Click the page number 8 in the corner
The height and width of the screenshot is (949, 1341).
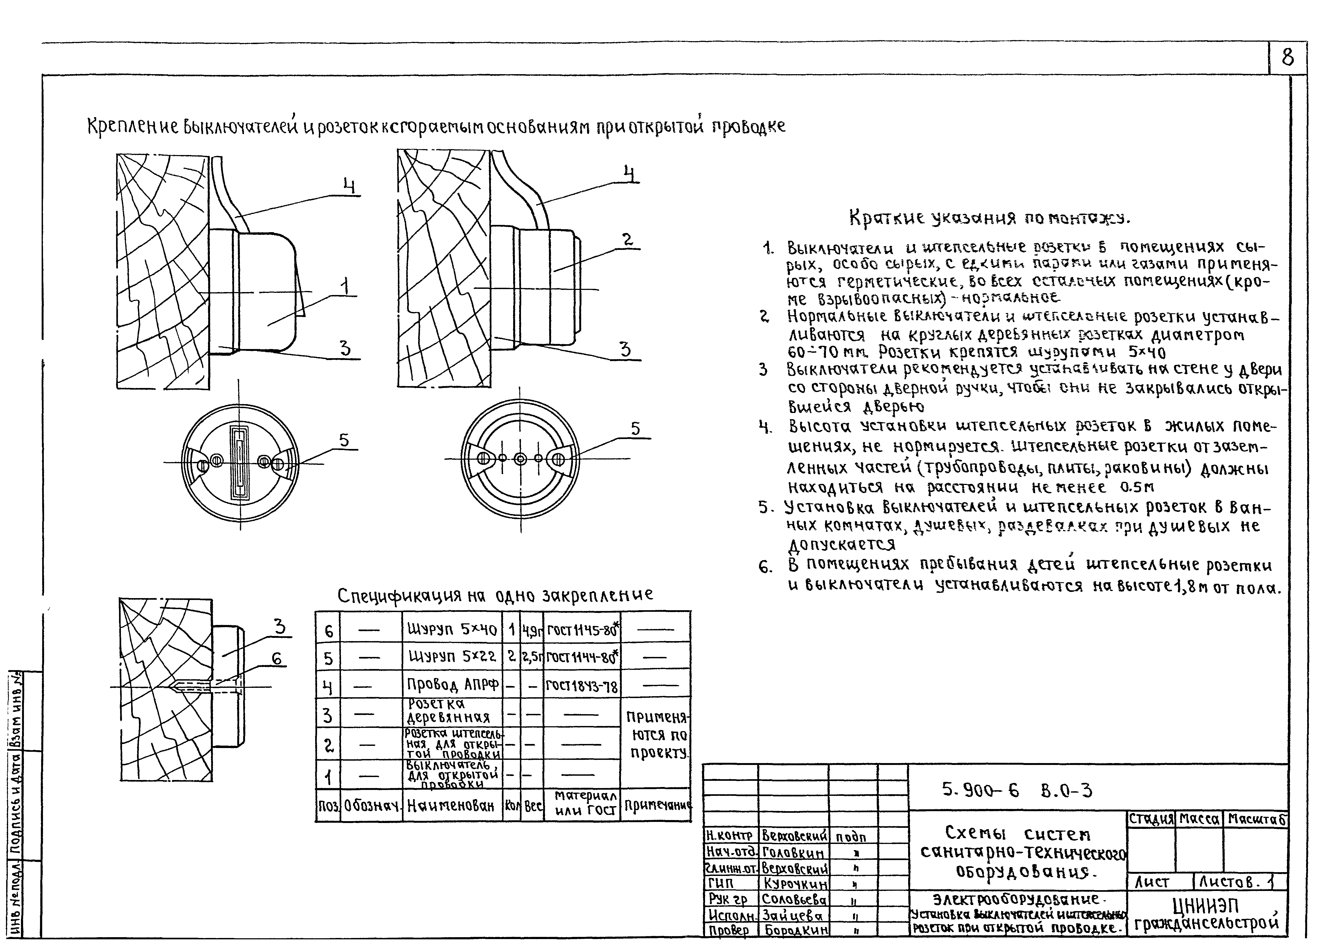tap(1287, 58)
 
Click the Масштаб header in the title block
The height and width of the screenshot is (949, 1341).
tap(1256, 819)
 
